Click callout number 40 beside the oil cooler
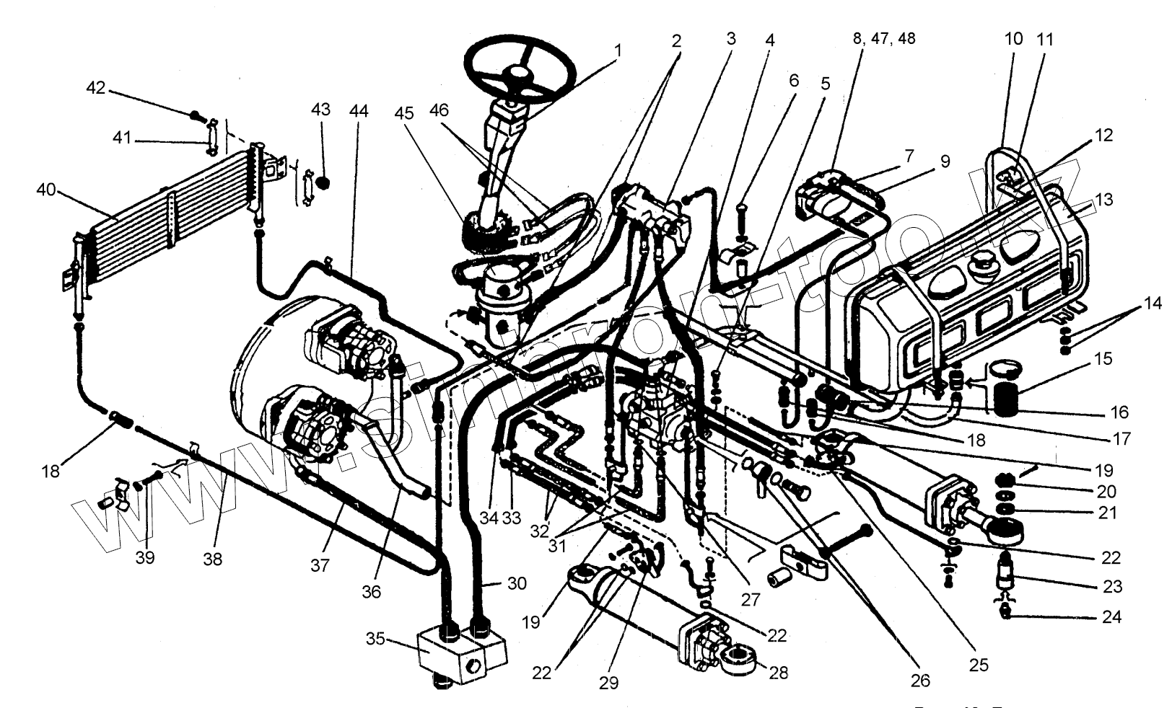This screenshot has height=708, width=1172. click(x=46, y=190)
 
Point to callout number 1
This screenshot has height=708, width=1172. click(x=618, y=51)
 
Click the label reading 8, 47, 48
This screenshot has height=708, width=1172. click(x=884, y=38)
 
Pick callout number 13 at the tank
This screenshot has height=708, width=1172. click(x=1103, y=200)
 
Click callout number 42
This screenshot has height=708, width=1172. click(x=96, y=88)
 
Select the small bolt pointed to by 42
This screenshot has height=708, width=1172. click(x=196, y=115)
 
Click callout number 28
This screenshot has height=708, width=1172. click(x=778, y=673)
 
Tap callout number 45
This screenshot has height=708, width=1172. click(x=404, y=114)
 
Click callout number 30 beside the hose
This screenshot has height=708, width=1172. click(x=517, y=583)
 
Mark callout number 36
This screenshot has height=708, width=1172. click(x=372, y=591)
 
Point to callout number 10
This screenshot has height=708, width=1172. click(x=1014, y=39)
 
